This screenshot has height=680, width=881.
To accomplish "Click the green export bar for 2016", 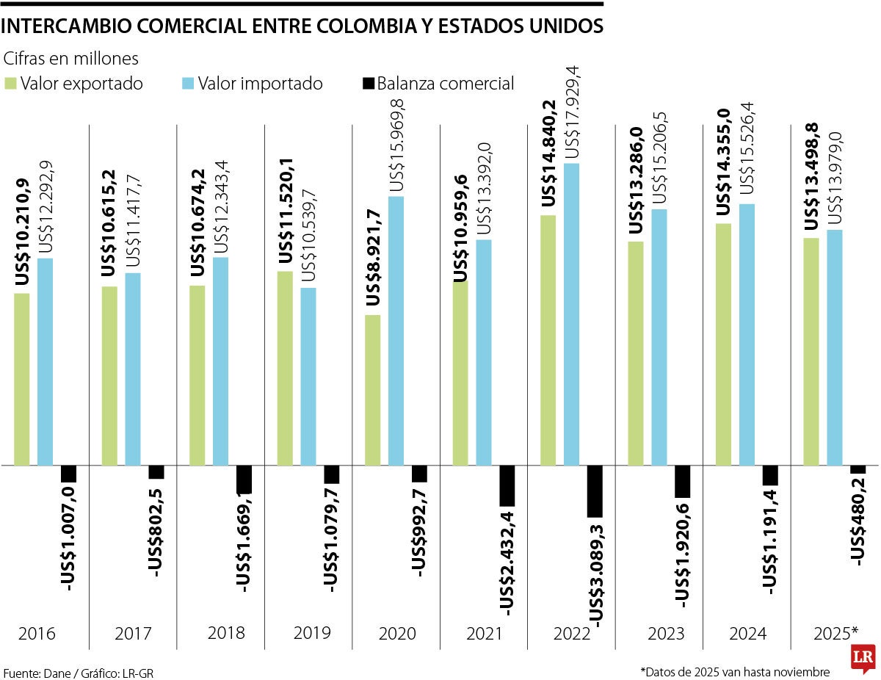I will coord(22,379).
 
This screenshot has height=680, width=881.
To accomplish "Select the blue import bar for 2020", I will coord(396,330).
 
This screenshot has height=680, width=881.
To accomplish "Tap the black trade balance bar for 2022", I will coord(595,491).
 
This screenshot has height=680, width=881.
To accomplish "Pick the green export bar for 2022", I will coord(548,340).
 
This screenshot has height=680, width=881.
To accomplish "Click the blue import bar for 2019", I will coord(308,376).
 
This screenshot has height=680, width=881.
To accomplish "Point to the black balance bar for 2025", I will coord(858,469).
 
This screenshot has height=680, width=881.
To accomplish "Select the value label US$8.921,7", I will coord(373,258).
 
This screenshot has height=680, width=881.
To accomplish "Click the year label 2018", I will coord(226,632).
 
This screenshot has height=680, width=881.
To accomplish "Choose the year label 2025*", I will coord(835,632).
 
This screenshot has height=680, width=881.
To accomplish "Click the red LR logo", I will coord(861,659).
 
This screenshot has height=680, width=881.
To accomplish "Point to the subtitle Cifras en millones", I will coord(71,58).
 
